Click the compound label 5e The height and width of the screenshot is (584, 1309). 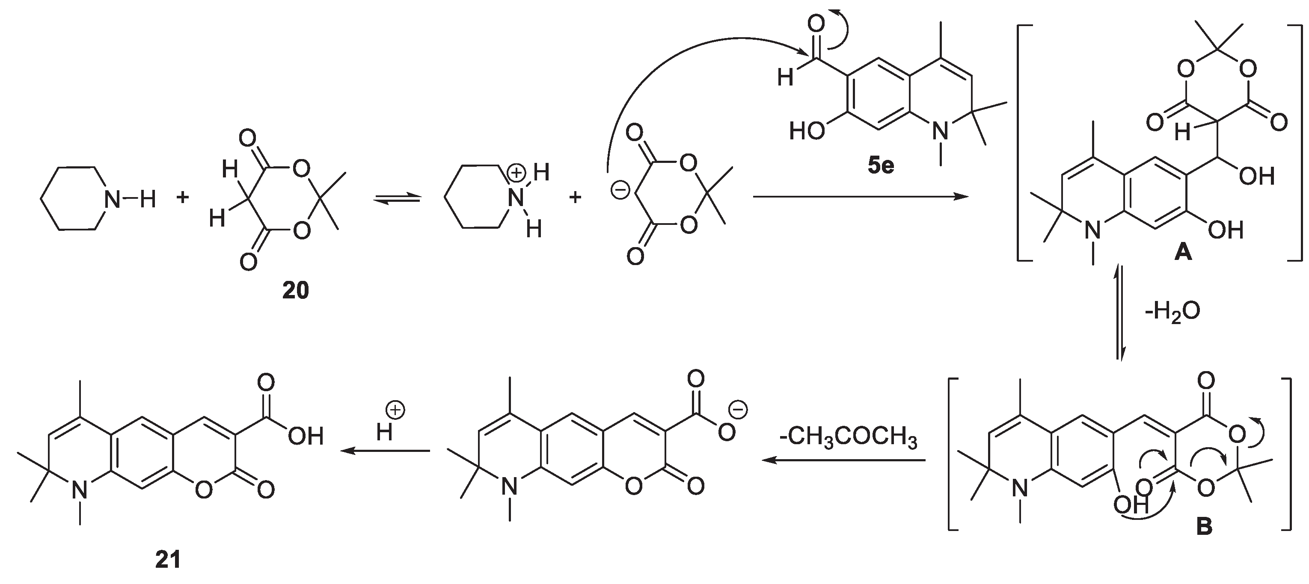pos(880,166)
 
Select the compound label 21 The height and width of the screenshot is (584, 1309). pos(168,560)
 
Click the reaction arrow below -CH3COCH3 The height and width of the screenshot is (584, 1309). pos(843,460)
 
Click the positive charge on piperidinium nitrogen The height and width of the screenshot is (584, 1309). pos(517,173)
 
